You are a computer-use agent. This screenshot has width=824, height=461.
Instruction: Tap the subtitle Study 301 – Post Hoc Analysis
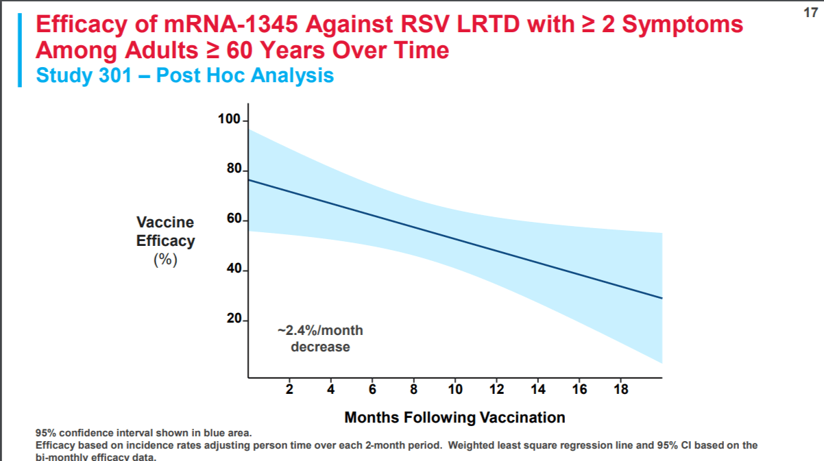[185, 75]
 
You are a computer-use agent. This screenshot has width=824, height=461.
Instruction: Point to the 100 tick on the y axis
[229, 120]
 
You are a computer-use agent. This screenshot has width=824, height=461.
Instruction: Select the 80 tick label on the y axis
[232, 169]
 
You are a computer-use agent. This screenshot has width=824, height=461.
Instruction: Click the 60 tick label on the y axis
[232, 219]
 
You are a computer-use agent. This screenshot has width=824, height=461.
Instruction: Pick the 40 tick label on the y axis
[232, 269]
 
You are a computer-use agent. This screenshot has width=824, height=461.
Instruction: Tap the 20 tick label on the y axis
[232, 319]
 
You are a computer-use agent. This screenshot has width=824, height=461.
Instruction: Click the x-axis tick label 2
[289, 390]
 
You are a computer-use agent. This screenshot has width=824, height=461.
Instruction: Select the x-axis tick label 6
[372, 390]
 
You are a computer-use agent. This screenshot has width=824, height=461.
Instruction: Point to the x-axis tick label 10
[455, 390]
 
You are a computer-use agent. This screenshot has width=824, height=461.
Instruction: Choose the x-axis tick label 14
[538, 390]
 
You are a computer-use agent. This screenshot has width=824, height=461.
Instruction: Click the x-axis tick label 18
[620, 390]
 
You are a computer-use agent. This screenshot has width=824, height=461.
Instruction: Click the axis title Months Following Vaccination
[455, 417]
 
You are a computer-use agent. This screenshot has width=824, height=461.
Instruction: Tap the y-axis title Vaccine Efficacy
[165, 232]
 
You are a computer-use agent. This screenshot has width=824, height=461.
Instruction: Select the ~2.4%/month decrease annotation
[320, 338]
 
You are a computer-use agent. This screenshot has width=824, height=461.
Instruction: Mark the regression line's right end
[661, 298]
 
